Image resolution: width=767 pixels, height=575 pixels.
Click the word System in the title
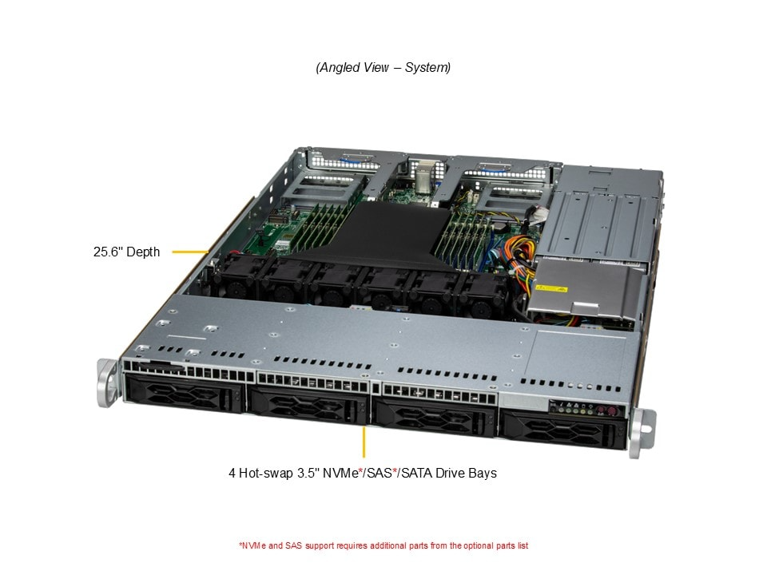coord(427,68)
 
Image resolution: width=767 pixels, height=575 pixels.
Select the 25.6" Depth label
coord(126,252)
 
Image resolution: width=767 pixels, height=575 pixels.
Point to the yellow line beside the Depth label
coord(190,252)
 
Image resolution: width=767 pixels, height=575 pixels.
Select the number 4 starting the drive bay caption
coord(232,474)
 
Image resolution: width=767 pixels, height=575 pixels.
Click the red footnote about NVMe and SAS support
coord(383,545)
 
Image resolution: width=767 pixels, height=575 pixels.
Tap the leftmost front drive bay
coord(185,393)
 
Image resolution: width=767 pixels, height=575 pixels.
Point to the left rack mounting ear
coord(106,383)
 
